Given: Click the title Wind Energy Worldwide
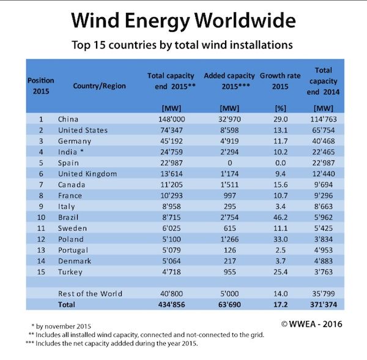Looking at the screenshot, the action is (x=183, y=21).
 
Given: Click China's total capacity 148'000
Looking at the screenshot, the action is (x=171, y=119).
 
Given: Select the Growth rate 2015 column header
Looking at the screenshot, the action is (x=280, y=81).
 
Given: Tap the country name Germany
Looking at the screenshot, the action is (x=75, y=141).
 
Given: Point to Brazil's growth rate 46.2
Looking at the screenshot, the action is (x=280, y=217).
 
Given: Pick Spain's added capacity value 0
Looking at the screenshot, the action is (x=229, y=163).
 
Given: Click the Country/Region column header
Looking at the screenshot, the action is (x=100, y=86).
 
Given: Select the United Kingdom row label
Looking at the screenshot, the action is (x=87, y=174).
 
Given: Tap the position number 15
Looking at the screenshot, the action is (x=41, y=272).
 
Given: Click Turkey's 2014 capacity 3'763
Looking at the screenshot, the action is (x=323, y=272).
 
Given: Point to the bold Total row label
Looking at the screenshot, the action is (x=67, y=304).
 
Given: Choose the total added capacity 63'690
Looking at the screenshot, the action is (x=229, y=304).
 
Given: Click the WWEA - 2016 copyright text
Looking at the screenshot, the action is (x=311, y=324).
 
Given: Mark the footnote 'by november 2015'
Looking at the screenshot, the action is (x=61, y=326).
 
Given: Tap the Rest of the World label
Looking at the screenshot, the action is (x=90, y=294).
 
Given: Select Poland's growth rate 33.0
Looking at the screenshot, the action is (x=280, y=239).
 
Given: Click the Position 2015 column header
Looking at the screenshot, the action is (x=41, y=86).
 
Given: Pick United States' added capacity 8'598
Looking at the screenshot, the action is (x=229, y=130).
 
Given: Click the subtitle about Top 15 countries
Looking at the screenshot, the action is (x=182, y=45).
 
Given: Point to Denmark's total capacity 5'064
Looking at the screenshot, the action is (x=171, y=261).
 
